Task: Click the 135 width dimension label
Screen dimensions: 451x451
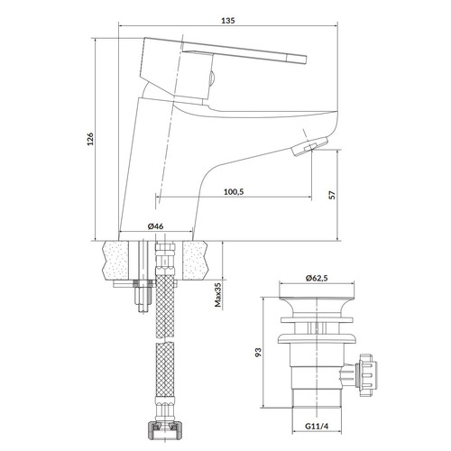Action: click(x=228, y=21)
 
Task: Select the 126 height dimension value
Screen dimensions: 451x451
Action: click(x=90, y=139)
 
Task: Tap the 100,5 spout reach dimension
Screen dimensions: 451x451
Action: click(x=234, y=192)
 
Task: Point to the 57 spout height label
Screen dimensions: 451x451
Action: click(x=332, y=195)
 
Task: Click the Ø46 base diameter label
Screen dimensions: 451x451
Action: click(x=156, y=226)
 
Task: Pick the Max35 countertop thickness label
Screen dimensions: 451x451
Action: click(x=217, y=295)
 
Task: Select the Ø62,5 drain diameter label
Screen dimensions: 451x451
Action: click(x=317, y=278)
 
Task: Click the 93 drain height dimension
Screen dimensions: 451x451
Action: click(x=258, y=352)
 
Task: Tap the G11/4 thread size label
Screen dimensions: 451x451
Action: click(x=317, y=426)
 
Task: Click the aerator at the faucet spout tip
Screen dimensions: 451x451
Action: click(x=309, y=146)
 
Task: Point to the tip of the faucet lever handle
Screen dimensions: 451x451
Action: click(x=306, y=60)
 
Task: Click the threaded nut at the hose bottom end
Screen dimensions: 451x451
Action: click(x=164, y=431)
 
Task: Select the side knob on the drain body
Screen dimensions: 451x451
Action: click(x=366, y=375)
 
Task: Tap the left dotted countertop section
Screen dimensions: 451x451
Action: click(x=115, y=261)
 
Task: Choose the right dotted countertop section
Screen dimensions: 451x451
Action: click(x=195, y=261)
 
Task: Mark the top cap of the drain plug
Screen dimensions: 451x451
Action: click(x=317, y=303)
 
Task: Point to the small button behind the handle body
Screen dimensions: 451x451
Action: click(x=212, y=78)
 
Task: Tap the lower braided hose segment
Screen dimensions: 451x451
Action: click(x=165, y=371)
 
